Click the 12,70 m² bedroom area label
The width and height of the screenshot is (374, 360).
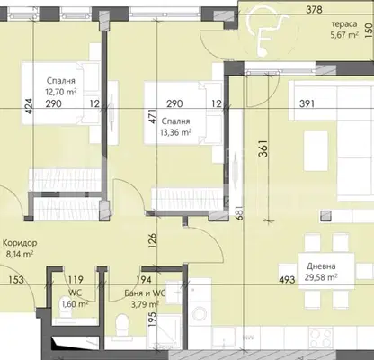point(60,91)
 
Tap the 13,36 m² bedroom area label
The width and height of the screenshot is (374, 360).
point(176,132)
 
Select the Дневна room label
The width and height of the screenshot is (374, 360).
point(321,266)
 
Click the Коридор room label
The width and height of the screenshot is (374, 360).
point(20,243)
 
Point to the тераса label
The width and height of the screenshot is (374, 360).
point(343,24)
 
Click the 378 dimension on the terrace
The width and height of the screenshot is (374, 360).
point(314,10)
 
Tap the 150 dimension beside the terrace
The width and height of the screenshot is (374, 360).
point(369,31)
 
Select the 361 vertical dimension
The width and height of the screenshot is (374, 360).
point(263,148)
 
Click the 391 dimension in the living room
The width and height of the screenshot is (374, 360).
point(307,103)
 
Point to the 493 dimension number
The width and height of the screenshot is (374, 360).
point(287,280)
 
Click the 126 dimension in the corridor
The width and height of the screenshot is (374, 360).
point(153,239)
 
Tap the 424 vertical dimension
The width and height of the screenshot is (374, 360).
point(29,106)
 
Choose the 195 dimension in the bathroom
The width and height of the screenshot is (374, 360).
point(152,319)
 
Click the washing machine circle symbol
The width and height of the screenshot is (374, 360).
point(199,313)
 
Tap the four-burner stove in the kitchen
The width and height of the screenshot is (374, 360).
point(321,338)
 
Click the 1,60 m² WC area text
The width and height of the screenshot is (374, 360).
point(75,304)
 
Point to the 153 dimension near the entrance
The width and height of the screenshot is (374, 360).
point(15,280)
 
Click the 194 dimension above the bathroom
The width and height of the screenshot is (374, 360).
point(144,280)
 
